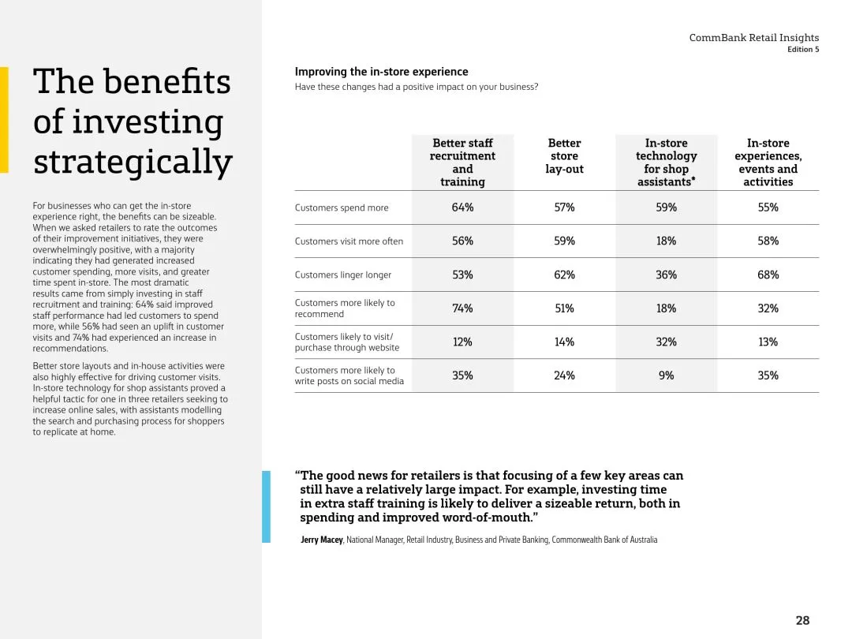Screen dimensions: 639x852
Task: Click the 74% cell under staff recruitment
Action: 462,308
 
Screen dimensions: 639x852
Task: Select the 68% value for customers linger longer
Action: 768,275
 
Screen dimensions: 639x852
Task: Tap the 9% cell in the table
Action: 666,376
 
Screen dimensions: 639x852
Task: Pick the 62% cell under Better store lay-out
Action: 564,275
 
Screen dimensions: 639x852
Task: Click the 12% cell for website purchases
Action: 462,342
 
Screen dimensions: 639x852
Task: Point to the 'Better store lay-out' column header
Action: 564,156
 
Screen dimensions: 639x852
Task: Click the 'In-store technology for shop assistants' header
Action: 666,163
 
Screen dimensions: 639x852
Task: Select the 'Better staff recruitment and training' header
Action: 462,163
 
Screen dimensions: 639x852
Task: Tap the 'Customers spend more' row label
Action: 342,208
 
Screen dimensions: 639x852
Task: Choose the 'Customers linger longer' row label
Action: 343,275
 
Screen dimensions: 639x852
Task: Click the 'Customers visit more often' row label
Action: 349,241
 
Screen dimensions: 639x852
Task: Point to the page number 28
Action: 802,620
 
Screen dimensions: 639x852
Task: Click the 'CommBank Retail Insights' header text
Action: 753,38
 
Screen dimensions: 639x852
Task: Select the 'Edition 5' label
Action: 803,50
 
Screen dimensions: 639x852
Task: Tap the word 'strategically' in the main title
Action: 133,162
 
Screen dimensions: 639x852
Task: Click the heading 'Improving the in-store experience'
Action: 381,72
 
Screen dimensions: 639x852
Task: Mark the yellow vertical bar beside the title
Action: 4,119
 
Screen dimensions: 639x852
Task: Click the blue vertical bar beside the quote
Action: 266,506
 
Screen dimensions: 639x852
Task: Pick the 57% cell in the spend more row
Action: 564,207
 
